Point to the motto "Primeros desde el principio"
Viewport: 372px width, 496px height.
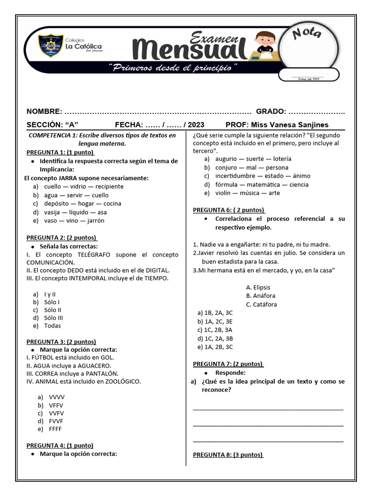point(173,67)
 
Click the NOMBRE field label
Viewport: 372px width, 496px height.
point(44,111)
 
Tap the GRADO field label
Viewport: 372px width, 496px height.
point(271,111)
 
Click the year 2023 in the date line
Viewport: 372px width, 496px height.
point(195,124)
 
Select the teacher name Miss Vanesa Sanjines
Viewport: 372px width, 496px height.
point(290,124)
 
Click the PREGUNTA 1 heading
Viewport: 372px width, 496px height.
point(60,152)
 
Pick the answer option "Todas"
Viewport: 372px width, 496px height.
point(52,326)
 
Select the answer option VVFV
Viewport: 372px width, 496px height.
point(56,413)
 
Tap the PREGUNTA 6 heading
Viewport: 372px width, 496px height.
point(229,210)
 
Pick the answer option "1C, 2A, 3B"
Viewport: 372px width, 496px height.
point(215,338)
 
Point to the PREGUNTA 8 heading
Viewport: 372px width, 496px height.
point(228,455)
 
